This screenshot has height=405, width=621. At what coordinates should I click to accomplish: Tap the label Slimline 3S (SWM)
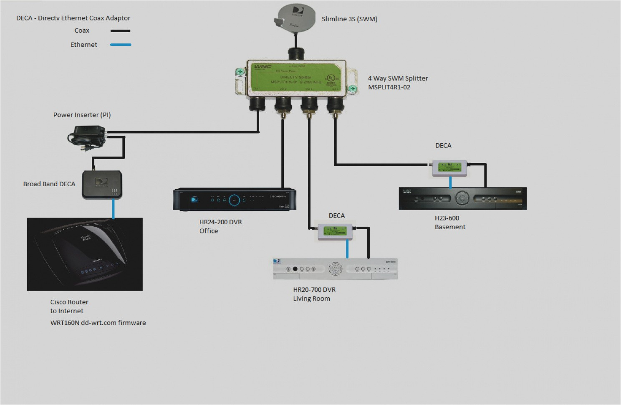[349, 19]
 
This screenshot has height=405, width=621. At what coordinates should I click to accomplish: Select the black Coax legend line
[121, 31]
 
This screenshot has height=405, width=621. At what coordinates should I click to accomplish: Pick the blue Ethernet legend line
[121, 45]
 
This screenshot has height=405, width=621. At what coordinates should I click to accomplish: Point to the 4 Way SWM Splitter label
[398, 78]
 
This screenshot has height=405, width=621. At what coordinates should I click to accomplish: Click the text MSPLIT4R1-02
[389, 87]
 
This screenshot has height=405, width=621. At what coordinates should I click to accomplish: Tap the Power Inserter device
[87, 137]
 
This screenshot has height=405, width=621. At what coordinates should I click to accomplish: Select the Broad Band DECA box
[102, 184]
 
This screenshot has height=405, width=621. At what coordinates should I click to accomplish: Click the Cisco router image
[85, 254]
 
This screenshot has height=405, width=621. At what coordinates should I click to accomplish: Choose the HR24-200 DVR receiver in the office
[235, 199]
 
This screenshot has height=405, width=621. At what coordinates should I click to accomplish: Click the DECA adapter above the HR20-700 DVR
[335, 232]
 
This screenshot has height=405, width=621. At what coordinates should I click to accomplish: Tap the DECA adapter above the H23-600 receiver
[449, 168]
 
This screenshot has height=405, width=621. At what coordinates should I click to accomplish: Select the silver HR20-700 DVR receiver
[335, 268]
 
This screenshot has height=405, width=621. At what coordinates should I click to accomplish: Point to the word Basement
[450, 227]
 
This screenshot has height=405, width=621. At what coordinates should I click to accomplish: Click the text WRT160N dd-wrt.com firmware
[98, 323]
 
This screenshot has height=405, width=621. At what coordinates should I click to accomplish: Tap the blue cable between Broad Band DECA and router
[113, 209]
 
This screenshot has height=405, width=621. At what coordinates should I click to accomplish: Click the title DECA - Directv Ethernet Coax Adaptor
[73, 18]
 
